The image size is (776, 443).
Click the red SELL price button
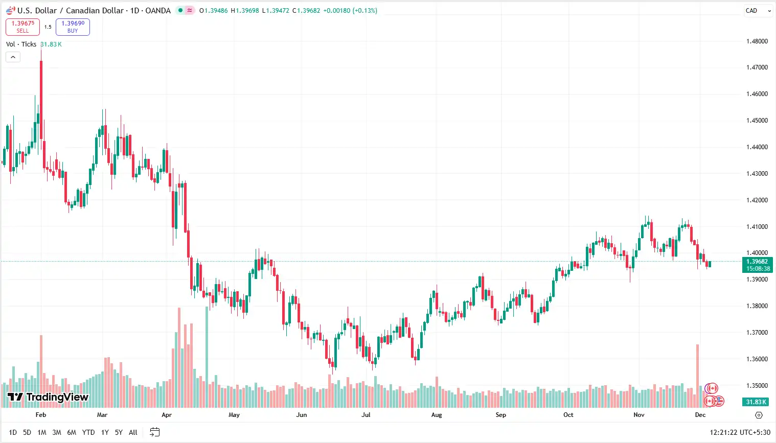pyautogui.click(x=22, y=27)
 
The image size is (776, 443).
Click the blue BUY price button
pyautogui.click(x=73, y=27)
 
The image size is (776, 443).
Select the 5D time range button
pyautogui.click(x=27, y=432)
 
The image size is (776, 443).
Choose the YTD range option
pyautogui.click(x=88, y=432)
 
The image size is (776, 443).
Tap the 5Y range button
pyautogui.click(x=119, y=432)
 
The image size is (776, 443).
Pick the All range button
pyautogui.click(x=133, y=432)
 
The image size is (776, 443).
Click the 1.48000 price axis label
pyautogui.click(x=757, y=41)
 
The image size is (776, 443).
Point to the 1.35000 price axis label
pyautogui.click(x=757, y=386)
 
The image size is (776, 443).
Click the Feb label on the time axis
pyautogui.click(x=41, y=415)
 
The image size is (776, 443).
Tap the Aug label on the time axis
pyautogui.click(x=437, y=415)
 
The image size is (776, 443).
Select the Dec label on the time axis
pyautogui.click(x=700, y=415)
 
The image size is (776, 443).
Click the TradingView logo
pyautogui.click(x=48, y=397)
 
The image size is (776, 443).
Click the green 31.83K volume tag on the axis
pyautogui.click(x=756, y=402)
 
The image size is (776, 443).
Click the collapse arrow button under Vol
pyautogui.click(x=13, y=57)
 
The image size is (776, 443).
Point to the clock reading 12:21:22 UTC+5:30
pyautogui.click(x=740, y=432)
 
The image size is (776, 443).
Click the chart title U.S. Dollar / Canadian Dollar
pyautogui.click(x=71, y=10)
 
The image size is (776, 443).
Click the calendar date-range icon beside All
pyautogui.click(x=154, y=432)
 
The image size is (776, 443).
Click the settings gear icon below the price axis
pyautogui.click(x=759, y=415)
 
